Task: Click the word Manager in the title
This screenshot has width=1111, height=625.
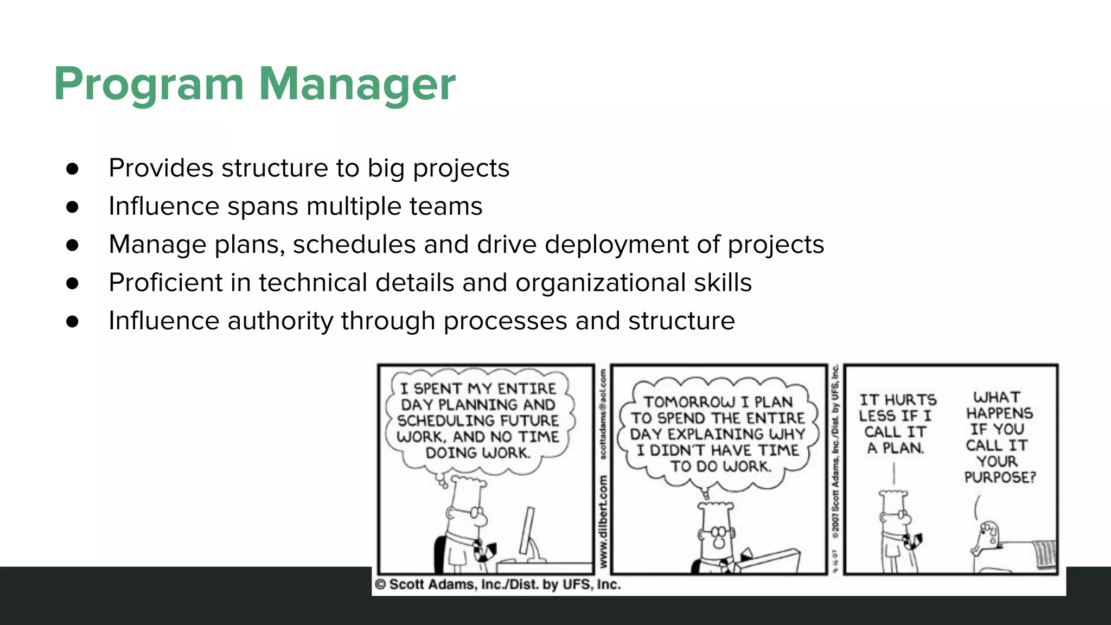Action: click(x=357, y=85)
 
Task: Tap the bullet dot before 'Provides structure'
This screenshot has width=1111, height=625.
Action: click(x=72, y=169)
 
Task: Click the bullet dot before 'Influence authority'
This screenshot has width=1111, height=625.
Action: click(x=72, y=321)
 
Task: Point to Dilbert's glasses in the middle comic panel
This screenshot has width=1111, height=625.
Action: click(x=718, y=531)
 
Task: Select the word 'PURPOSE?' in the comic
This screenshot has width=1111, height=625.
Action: click(x=1000, y=477)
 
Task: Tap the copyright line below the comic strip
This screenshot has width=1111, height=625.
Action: click(x=497, y=584)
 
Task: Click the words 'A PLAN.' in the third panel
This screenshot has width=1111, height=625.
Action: click(x=895, y=448)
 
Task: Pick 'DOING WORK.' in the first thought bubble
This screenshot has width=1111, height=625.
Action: click(x=477, y=453)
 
